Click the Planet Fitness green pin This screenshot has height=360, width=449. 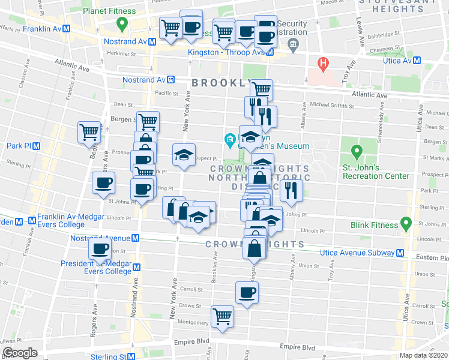point(122,24)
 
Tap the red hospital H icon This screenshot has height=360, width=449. point(324,62)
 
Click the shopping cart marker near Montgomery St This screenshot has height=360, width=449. point(222,316)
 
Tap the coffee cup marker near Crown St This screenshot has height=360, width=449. point(247,293)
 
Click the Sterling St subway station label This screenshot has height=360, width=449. point(112,356)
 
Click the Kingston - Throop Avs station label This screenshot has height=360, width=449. point(236,52)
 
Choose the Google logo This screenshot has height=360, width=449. point(20,352)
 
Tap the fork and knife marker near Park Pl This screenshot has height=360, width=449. point(291,190)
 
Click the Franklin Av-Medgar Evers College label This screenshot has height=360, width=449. point(61,220)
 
